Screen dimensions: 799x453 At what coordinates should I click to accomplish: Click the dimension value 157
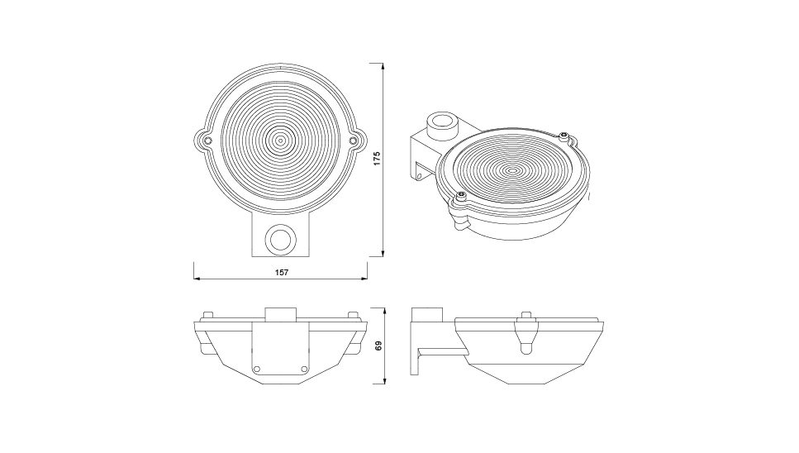point(282,272)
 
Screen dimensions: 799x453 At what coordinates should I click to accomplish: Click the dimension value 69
point(378,346)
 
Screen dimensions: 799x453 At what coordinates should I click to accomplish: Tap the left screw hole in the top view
point(207,140)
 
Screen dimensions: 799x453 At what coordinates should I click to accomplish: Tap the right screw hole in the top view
point(353,140)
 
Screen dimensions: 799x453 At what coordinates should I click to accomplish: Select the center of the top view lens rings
point(280,140)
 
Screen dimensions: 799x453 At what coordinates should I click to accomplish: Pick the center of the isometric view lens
point(512,169)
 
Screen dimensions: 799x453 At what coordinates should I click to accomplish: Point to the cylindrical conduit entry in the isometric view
point(442,124)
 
